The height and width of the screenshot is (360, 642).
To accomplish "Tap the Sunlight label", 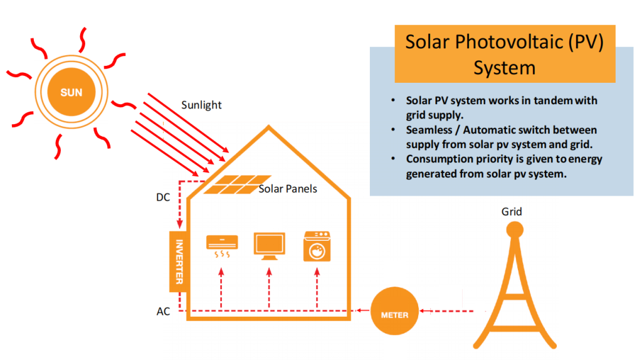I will [x=201, y=105].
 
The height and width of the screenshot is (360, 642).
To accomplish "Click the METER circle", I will [x=394, y=314].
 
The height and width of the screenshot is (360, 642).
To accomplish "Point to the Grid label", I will [x=512, y=211].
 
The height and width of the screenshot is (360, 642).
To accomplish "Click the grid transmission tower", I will [x=514, y=289].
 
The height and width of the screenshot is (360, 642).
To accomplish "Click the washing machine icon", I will [x=318, y=245].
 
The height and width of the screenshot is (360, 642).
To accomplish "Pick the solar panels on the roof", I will [x=238, y=184].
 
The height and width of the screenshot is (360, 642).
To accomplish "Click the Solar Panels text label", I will [x=288, y=189].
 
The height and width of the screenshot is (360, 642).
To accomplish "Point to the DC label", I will [x=163, y=198].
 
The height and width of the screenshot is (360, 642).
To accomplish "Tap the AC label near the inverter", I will [x=163, y=311].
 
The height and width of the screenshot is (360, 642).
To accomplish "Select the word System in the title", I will [x=505, y=67].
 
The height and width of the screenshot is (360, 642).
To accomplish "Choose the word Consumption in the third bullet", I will [x=441, y=159].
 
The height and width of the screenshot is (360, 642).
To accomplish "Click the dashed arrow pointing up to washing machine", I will [x=318, y=289].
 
